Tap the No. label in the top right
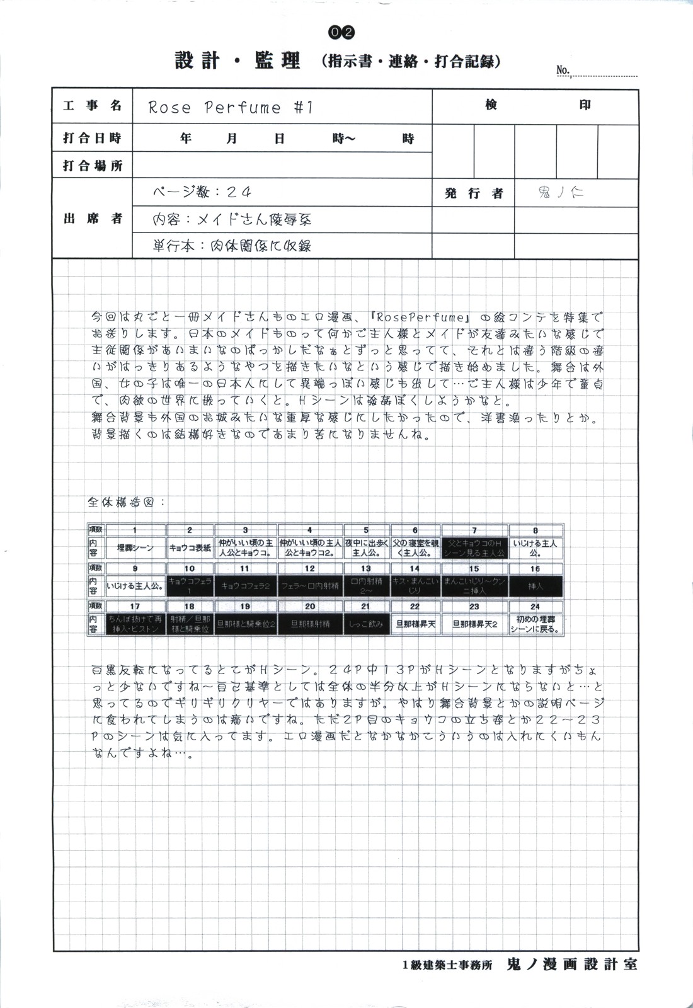563,71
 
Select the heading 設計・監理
238,60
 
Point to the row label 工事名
92,106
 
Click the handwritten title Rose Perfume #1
231,108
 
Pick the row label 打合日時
92,138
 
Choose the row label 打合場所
92,166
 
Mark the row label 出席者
92,219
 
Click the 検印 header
535,105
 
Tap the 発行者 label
474,193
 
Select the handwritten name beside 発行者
561,193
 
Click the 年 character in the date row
186,138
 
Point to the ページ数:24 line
202,192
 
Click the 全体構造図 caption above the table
126,502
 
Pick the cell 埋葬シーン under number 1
135,548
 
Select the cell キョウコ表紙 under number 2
190,548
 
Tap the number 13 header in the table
366,569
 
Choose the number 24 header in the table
535,607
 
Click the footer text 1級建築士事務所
447,965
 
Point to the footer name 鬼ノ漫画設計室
571,965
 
